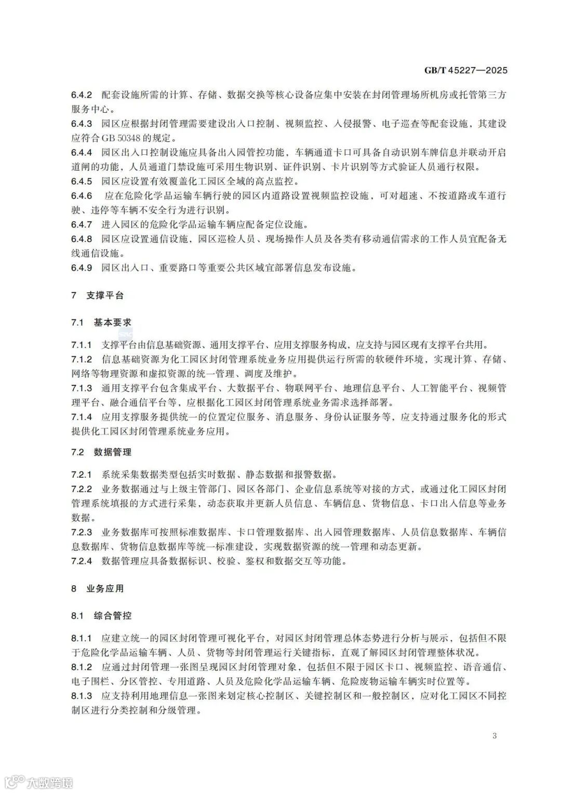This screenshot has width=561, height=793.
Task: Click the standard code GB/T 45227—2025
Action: (x=465, y=71)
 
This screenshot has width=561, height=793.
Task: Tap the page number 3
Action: (x=494, y=735)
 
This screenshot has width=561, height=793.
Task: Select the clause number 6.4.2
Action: (x=82, y=96)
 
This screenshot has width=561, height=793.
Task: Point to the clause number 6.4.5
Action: (x=82, y=181)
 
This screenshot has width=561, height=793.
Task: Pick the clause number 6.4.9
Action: (x=82, y=268)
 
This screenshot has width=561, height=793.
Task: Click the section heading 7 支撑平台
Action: (x=98, y=295)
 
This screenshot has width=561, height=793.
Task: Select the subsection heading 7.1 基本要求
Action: (x=101, y=322)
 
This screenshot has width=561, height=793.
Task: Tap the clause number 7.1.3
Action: (x=82, y=388)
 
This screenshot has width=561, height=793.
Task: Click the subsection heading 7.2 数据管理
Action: (x=101, y=452)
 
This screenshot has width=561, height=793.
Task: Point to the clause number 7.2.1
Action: (x=82, y=475)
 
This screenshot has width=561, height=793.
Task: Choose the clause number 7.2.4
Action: (x=82, y=561)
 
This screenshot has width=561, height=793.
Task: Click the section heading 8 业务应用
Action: (x=98, y=588)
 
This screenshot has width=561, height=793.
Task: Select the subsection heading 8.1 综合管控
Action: (x=101, y=615)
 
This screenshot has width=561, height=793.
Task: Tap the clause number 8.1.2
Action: (x=82, y=667)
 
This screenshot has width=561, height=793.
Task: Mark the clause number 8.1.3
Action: (x=82, y=695)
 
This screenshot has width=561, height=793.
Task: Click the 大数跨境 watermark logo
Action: (x=38, y=782)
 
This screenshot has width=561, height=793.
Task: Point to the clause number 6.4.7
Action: (x=82, y=225)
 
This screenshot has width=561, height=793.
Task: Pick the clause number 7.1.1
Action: (x=82, y=345)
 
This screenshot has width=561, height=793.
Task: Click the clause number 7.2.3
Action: (x=82, y=532)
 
